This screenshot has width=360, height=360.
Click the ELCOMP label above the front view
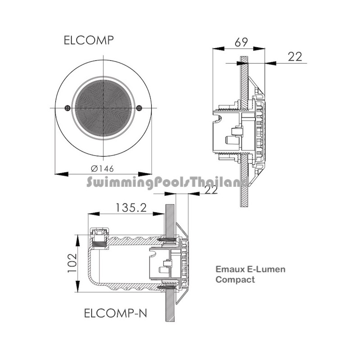pos(89,40)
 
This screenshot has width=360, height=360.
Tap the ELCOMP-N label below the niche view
pos(116,313)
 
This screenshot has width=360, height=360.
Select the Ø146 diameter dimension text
pos(103,169)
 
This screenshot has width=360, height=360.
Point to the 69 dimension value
pos(241,42)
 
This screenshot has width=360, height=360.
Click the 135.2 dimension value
pos(130,208)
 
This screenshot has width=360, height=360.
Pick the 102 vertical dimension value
pos(72,263)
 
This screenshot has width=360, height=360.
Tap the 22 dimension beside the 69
pos(295,57)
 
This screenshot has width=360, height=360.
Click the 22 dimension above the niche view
pos(211,189)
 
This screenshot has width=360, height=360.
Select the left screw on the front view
pos(67,108)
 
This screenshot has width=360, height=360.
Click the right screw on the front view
pos(139,108)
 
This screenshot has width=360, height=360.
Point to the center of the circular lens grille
pos(103,108)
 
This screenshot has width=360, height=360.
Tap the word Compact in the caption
pos(235,280)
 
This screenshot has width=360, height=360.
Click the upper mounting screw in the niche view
pos(166,240)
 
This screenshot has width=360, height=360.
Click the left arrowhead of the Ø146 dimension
pos(62,174)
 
